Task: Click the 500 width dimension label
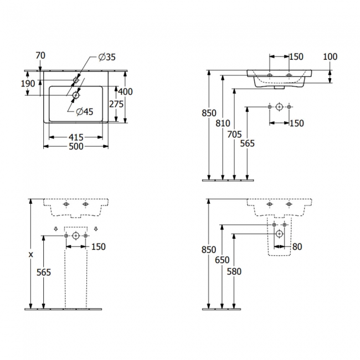pos(76,146)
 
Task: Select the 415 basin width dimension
pos(76,137)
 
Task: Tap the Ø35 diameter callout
pos(107,57)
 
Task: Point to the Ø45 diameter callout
pos(85,111)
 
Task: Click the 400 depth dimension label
pos(125,91)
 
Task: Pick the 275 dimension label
pos(116,104)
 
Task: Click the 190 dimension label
pos(28,84)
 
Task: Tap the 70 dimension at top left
pos(40,55)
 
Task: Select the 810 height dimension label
pos(223,124)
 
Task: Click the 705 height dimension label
pos(234,135)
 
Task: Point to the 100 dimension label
pos(330,56)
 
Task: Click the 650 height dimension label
pos(222,260)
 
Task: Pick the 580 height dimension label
pos(234,271)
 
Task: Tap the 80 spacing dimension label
pos(297,247)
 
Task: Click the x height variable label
pos(31,254)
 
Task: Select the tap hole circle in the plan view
pos(76,80)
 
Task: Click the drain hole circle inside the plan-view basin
pos(76,95)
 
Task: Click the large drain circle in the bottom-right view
pos(279,234)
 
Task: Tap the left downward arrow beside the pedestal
pos(56,229)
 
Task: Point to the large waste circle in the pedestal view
pos(76,235)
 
